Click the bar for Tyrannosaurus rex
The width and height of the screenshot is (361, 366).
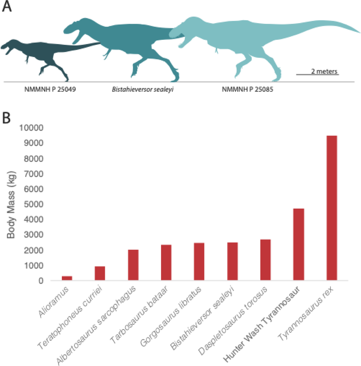click(331, 208)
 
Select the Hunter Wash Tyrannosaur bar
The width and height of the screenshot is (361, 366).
click(299, 244)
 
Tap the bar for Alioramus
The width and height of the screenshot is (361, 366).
click(67, 278)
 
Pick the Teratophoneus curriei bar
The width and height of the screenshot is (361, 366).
click(100, 273)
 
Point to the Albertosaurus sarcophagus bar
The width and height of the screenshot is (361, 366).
click(133, 265)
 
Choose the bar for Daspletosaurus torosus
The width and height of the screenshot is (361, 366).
click(265, 260)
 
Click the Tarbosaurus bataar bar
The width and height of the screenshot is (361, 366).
click(166, 262)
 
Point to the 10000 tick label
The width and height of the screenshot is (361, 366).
click(31, 127)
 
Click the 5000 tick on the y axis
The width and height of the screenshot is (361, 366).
click(33, 204)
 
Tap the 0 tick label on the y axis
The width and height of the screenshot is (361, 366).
click(41, 281)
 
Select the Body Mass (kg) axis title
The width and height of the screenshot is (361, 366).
click(11, 205)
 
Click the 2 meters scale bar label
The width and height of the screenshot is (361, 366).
click(324, 71)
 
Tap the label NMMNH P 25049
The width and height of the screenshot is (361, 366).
click(50, 89)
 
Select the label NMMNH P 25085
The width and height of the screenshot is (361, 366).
click(247, 89)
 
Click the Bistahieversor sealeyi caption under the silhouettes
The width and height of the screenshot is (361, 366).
click(142, 89)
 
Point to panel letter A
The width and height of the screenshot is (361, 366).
click(7, 7)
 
